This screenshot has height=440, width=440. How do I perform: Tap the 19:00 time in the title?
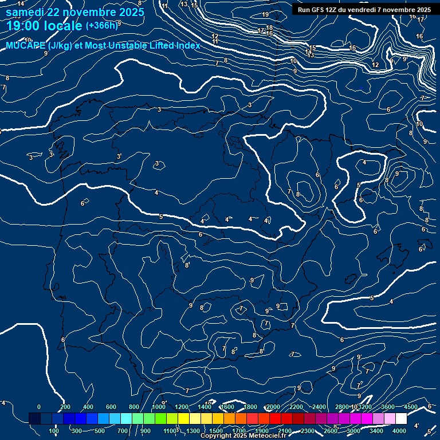click(24, 26)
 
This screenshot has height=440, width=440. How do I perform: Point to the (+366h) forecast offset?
click(101, 26)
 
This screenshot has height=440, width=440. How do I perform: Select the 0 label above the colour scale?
click(38, 407)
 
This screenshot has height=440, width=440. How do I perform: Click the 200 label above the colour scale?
click(65, 407)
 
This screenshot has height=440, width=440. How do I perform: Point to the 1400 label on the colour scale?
click(205, 407)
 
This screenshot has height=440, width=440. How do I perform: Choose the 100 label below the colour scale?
click(54, 431)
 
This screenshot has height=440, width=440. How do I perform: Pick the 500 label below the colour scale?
click(100, 431)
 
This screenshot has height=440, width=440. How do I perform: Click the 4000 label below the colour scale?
click(399, 431)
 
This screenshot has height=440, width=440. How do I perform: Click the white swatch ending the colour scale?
click(401, 419)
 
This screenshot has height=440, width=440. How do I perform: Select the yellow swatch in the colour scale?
click(195, 419)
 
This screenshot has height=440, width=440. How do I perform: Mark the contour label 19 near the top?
click(265, 14)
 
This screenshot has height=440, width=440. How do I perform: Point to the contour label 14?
click(21, 4)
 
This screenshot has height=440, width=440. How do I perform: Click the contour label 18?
click(269, 27)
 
